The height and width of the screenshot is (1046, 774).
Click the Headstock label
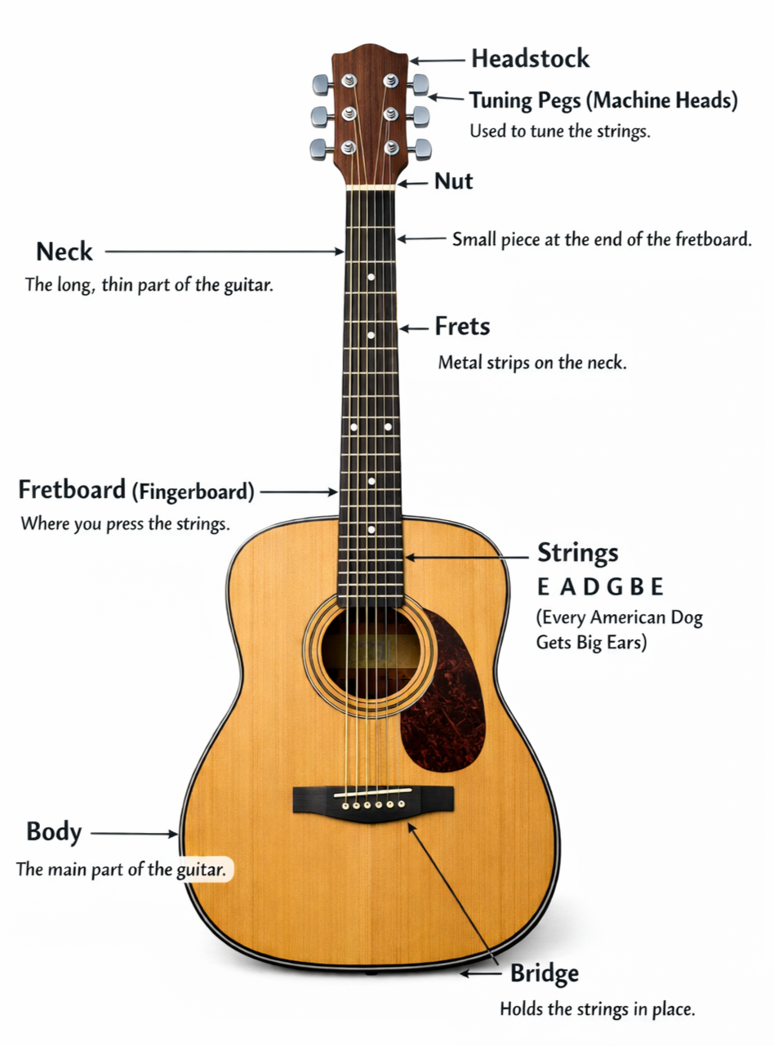click(530, 59)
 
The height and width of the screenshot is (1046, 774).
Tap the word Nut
click(454, 181)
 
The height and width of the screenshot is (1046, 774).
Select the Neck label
click(64, 251)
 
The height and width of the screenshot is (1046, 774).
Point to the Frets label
click(462, 327)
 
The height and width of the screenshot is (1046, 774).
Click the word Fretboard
click(72, 491)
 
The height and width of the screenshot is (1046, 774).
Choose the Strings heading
click(577, 553)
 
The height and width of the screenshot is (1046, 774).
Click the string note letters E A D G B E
click(600, 587)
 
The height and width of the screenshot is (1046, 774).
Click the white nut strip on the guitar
click(371, 187)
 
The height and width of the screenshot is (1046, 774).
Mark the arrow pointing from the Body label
click(133, 833)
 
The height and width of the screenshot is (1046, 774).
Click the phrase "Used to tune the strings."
click(560, 131)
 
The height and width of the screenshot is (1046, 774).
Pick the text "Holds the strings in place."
click(597, 1009)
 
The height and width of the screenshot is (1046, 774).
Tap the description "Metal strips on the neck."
click(532, 363)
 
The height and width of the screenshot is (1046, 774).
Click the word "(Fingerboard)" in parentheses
click(194, 492)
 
